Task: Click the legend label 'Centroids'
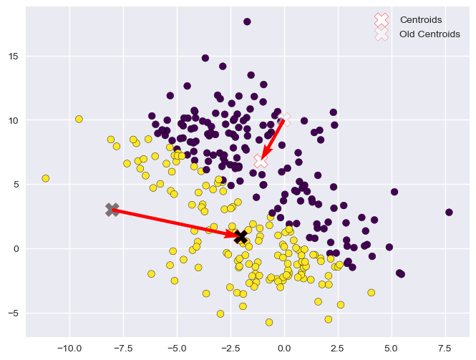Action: click(420, 19)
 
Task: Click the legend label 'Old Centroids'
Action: click(429, 34)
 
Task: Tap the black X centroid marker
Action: click(241, 237)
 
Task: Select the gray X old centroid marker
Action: click(112, 209)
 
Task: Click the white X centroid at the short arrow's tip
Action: click(261, 162)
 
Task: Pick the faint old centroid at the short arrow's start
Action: click(286, 118)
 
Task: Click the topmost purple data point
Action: click(247, 22)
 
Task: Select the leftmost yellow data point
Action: click(46, 178)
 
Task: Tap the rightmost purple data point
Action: click(449, 213)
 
